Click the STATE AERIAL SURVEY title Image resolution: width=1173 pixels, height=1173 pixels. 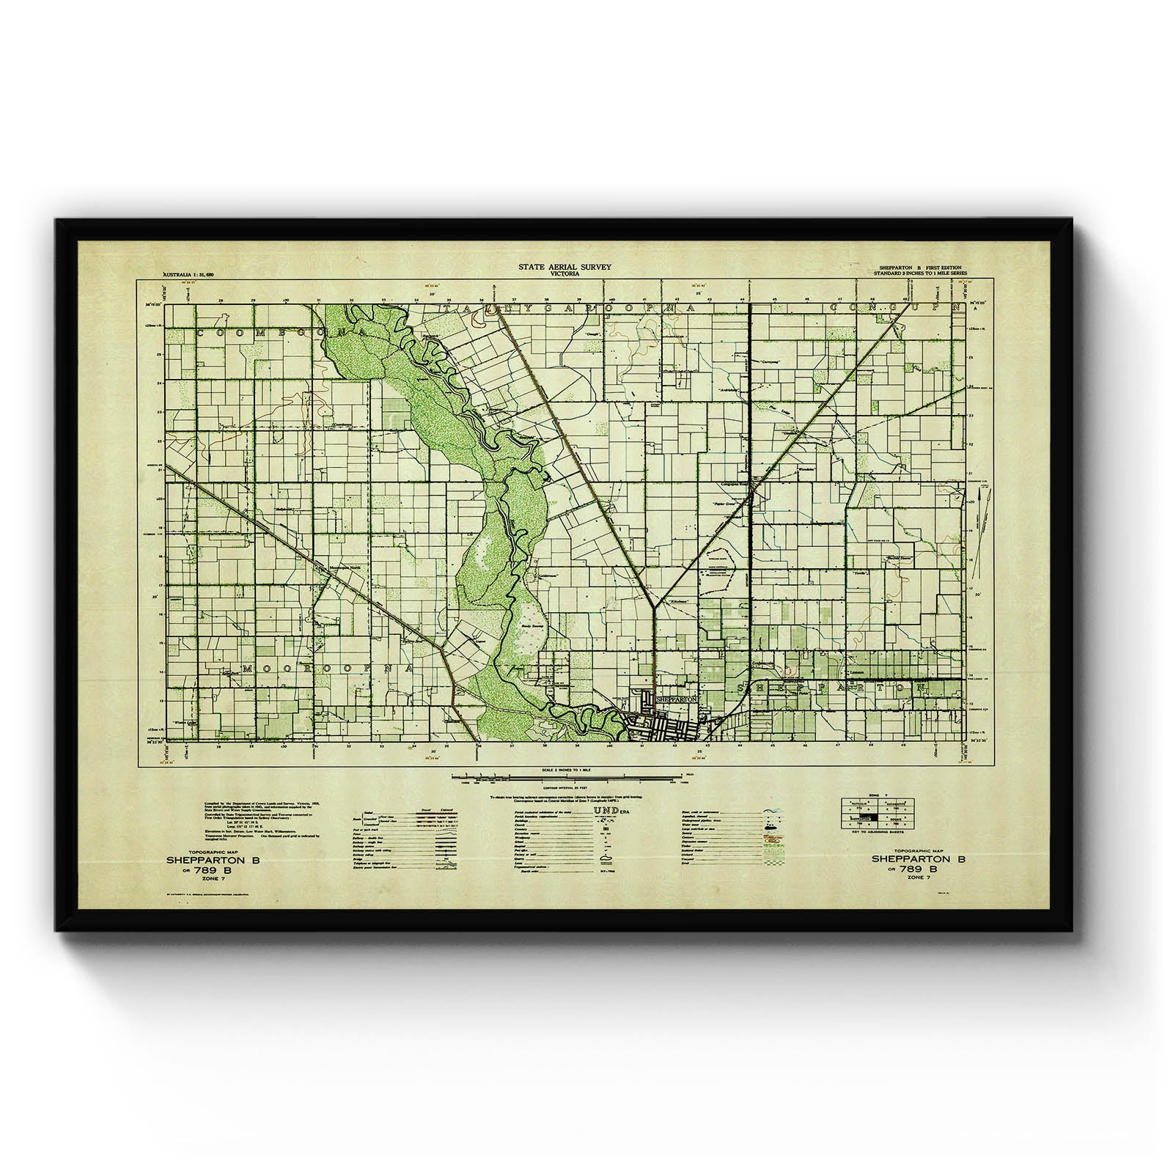pos(564,267)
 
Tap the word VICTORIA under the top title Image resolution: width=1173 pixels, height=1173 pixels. pos(565,274)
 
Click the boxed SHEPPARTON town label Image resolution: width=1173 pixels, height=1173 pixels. pos(674,699)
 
